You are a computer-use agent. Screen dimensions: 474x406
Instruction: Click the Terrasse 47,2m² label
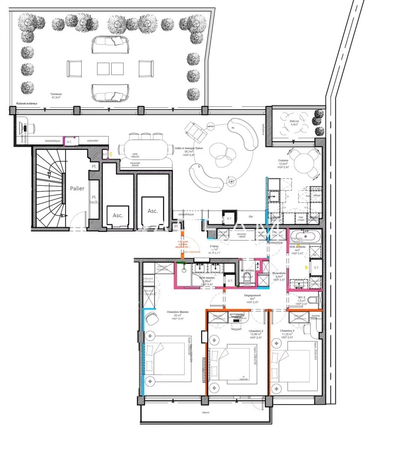[x=56, y=95]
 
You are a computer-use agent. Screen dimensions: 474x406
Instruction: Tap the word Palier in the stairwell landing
[x=77, y=188]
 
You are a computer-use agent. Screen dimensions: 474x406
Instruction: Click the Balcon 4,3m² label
[x=294, y=123]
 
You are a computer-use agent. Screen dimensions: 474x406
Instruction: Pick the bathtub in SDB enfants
[x=305, y=237]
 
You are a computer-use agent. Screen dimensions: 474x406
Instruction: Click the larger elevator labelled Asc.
[x=153, y=210]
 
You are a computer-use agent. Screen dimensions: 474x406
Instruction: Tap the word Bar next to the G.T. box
[x=251, y=217]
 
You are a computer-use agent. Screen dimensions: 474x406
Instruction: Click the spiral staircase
[x=50, y=188]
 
